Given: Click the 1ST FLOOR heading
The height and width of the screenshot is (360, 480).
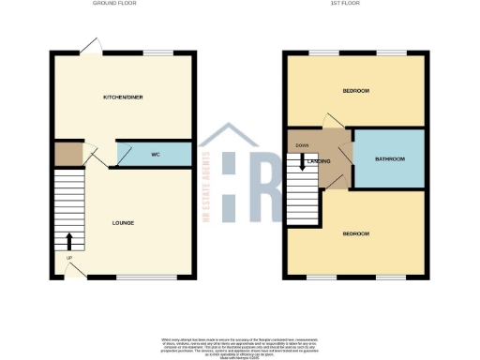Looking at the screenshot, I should click(x=355, y=5).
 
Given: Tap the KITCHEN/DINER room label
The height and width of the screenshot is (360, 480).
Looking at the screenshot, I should click(x=123, y=97).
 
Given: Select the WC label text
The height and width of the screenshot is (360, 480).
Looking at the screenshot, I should click(x=156, y=154).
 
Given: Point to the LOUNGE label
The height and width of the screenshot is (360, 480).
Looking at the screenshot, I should click(x=123, y=222).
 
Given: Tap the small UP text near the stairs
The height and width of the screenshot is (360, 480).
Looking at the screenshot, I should click(x=68, y=258).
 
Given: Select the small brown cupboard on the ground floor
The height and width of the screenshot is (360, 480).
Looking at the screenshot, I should click(x=67, y=153).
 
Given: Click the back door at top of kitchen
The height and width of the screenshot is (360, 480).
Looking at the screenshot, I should click(x=90, y=46).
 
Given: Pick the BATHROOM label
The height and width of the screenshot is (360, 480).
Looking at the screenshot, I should click(x=389, y=159).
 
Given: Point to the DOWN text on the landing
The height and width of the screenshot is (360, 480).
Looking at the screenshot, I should click(x=302, y=145).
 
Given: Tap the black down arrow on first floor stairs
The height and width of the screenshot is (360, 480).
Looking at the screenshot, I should click(x=302, y=166).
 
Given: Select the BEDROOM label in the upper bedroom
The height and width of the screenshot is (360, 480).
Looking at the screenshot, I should click(x=355, y=91).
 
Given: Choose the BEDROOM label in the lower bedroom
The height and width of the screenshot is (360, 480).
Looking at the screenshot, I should click(x=355, y=233).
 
